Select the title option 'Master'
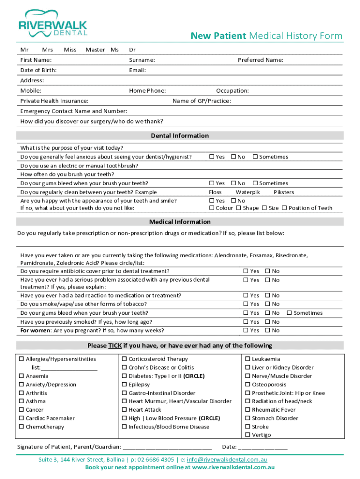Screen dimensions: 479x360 pyautogui.click(x=95, y=50)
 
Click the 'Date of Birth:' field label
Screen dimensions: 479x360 pyautogui.click(x=39, y=70)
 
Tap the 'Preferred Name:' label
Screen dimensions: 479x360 pyautogui.click(x=260, y=60)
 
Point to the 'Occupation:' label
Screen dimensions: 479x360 pyautogui.click(x=232, y=91)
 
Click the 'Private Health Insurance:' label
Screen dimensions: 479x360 pyautogui.click(x=54, y=101)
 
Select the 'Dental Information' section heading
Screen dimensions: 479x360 pyautogui.click(x=180, y=136)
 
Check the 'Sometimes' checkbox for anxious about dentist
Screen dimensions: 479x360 pyautogui.click(x=255, y=157)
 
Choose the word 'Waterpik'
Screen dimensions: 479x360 pyautogui.click(x=248, y=192)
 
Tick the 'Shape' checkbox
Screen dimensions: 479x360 pyautogui.click(x=238, y=208)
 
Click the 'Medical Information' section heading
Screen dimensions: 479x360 pyautogui.click(x=180, y=222)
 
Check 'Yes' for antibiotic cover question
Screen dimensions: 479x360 pyautogui.click(x=245, y=271)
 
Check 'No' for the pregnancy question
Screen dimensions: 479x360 pyautogui.click(x=268, y=331)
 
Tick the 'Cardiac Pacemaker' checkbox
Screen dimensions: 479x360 pyautogui.click(x=22, y=419)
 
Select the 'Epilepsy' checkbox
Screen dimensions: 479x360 pyautogui.click(x=125, y=385)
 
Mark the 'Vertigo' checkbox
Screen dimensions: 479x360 pyautogui.click(x=248, y=435)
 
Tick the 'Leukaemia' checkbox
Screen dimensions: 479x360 pyautogui.click(x=248, y=359)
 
